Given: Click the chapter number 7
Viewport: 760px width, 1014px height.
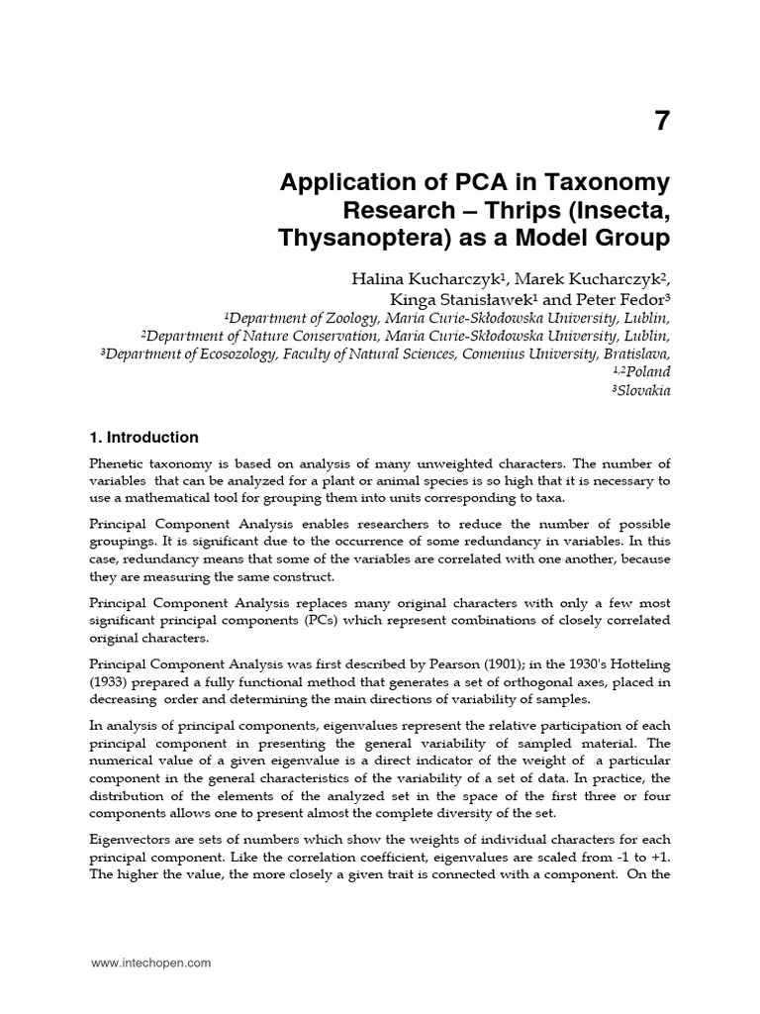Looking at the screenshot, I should click(x=661, y=121).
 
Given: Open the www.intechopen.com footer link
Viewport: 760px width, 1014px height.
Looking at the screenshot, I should click(x=150, y=963).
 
